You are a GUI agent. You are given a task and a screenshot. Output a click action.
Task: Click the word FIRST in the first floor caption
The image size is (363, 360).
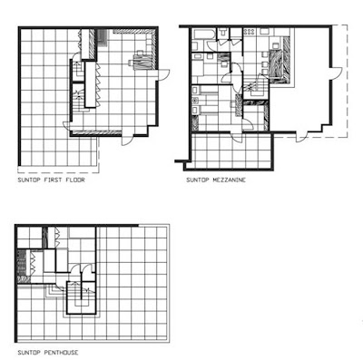pyautogui.click(x=53, y=180)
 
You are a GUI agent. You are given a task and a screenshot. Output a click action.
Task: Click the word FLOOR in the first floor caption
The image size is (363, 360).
pyautogui.click(x=74, y=180)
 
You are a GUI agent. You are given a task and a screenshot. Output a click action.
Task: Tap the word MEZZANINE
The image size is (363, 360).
pyautogui.click(x=229, y=180)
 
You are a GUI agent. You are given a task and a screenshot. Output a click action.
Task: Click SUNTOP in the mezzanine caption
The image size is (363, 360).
pyautogui.click(x=198, y=180)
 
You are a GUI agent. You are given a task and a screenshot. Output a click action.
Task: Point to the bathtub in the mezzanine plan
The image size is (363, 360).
pyautogui.click(x=203, y=34)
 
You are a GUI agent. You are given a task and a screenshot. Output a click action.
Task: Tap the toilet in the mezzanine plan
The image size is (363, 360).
pyautogui.click(x=223, y=33)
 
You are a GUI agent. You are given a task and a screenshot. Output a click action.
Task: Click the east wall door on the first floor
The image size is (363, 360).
pyautogui.click(x=163, y=74)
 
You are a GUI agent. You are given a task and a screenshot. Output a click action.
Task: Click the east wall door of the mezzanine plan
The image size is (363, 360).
pyautogui.click(x=336, y=73)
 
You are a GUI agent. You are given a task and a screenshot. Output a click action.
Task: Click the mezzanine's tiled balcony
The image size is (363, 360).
pyautogui.click(x=231, y=151)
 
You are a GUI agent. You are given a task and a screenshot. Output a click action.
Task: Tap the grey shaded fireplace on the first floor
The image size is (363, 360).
pyautogui.click(x=103, y=39)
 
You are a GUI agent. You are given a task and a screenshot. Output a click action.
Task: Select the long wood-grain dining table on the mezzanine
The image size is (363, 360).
pyautogui.click(x=275, y=65)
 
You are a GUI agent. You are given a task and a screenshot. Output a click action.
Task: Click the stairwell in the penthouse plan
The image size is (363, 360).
pyautogui.click(x=81, y=297)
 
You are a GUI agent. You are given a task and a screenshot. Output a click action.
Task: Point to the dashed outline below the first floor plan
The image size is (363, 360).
pyautogui.click(x=59, y=172)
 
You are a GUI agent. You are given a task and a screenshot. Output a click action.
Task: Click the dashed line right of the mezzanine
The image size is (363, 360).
pyautogui.click(x=348, y=81)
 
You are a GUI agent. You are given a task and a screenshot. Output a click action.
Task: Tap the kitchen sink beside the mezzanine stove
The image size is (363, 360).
pyautogui.click(x=265, y=32)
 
